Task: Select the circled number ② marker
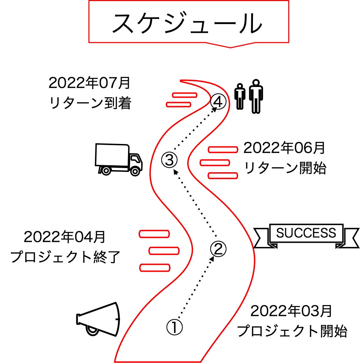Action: (x=218, y=248)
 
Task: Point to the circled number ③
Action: (x=169, y=160)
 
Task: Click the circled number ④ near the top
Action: (x=218, y=102)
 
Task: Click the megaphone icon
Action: (x=98, y=319)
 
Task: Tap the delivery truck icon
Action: (x=119, y=159)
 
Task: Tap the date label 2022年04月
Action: (x=65, y=237)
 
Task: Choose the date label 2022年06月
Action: (x=284, y=148)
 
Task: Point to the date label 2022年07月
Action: (x=90, y=83)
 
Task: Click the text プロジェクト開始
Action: (x=292, y=331)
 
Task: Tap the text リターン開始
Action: (x=285, y=168)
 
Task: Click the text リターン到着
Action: (x=90, y=103)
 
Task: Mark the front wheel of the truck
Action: (x=135, y=171)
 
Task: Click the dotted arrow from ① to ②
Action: (x=196, y=285)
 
